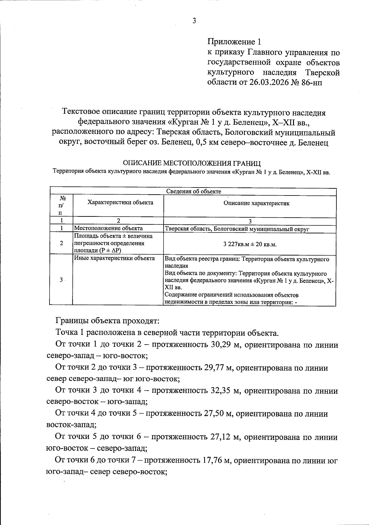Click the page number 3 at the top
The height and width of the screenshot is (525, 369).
(x=194, y=21)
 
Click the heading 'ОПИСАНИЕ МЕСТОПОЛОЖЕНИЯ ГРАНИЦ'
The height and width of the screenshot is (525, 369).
(x=192, y=163)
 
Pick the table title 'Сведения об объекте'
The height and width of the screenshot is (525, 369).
(x=194, y=191)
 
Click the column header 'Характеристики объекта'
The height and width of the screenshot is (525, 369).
(x=120, y=202)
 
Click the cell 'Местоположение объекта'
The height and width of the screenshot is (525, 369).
(x=108, y=228)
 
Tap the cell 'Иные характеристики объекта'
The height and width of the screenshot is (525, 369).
(x=114, y=259)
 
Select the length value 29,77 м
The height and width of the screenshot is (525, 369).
(x=218, y=368)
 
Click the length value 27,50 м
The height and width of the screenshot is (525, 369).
(x=218, y=414)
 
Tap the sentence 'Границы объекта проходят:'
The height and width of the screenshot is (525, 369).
(x=107, y=321)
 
